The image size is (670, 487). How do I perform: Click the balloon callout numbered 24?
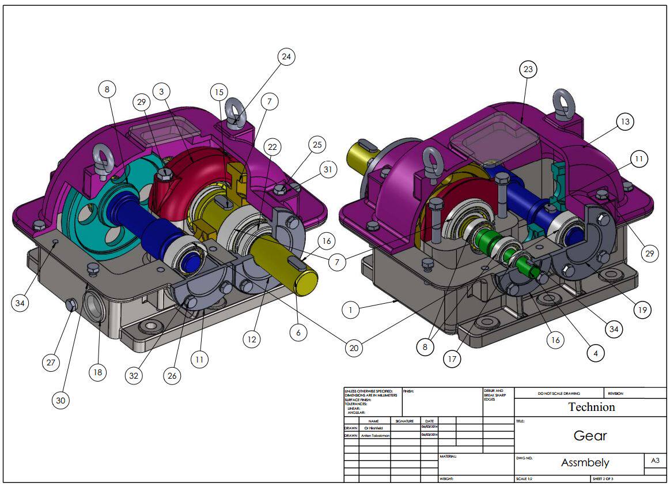pyautogui.click(x=286, y=56)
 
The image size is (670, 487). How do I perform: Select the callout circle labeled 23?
pyautogui.click(x=527, y=70)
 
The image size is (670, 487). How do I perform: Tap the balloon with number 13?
pyautogui.click(x=624, y=122)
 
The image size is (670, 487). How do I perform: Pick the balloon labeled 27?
pyautogui.click(x=51, y=363)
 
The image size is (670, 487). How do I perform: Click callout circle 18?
pyautogui.click(x=98, y=372)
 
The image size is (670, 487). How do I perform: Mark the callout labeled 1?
pyautogui.click(x=350, y=309)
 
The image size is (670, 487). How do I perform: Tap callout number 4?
pyautogui.click(x=595, y=352)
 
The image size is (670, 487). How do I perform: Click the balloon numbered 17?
pyautogui.click(x=453, y=358)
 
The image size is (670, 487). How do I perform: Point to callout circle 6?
pyautogui.click(x=298, y=333)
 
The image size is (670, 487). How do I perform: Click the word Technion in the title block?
pyautogui.click(x=591, y=407)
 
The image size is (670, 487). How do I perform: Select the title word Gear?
pyautogui.click(x=590, y=436)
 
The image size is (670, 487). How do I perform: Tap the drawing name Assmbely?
pyautogui.click(x=585, y=463)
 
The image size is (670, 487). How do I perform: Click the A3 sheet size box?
pyautogui.click(x=654, y=460)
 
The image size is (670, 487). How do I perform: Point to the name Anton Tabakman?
pyautogui.click(x=375, y=436)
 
